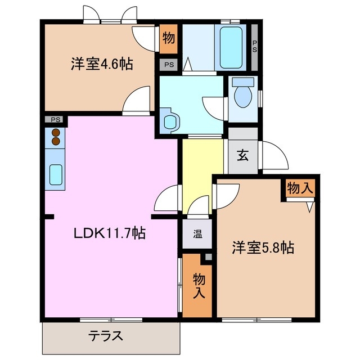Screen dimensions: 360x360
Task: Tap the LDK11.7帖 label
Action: pyautogui.click(x=110, y=233)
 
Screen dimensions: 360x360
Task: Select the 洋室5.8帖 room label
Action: pyautogui.click(x=263, y=247)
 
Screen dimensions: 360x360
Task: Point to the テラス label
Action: pyautogui.click(x=105, y=336)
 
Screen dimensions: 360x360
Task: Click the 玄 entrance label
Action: pyautogui.click(x=242, y=156)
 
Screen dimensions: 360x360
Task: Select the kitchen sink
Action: pyautogui.click(x=56, y=174)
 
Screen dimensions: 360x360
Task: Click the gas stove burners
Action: pyautogui.click(x=55, y=137)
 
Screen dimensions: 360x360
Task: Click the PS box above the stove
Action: pyautogui.click(x=55, y=120)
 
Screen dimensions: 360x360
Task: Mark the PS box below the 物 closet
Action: pyautogui.click(x=169, y=65)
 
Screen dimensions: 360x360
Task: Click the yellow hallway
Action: pyautogui.click(x=202, y=174)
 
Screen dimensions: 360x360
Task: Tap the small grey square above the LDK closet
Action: pyautogui.click(x=209, y=257)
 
